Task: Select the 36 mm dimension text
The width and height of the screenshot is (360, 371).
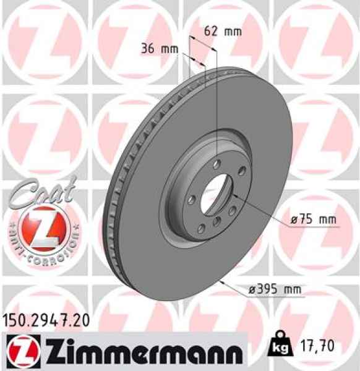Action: [158, 48]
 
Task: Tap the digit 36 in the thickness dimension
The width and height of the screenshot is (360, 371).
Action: [148, 48]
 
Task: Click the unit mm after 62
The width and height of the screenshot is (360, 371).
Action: [232, 31]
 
